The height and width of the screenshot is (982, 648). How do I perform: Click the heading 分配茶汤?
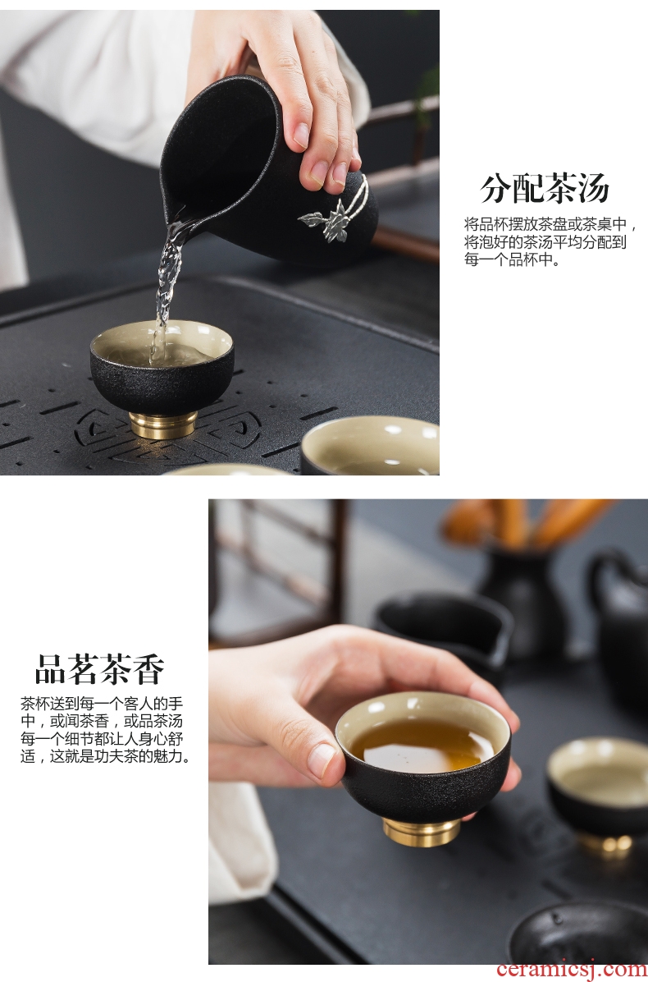coord(545,188)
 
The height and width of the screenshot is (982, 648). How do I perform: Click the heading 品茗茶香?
coord(100,669)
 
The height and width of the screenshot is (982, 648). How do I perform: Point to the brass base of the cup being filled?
coord(163,425)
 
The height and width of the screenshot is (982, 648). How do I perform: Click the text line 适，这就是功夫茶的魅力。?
coord(105,756)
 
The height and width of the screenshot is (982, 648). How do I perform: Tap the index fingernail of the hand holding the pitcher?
coord(302,135)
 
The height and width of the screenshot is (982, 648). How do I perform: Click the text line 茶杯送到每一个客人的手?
coord(102,704)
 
